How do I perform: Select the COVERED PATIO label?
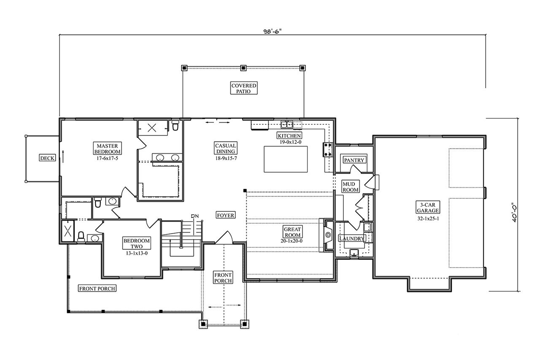pyautogui.click(x=243, y=88)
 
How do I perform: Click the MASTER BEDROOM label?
pyautogui.click(x=107, y=148)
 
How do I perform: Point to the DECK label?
pyautogui.click(x=47, y=158)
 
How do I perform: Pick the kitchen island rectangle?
pyautogui.click(x=286, y=159)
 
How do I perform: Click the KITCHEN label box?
pyautogui.click(x=289, y=135)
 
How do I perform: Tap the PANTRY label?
pyautogui.click(x=354, y=160)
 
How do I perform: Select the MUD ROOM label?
pyautogui.click(x=350, y=187)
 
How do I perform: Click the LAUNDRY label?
pyautogui.click(x=352, y=238)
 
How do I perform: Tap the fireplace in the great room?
pyautogui.click(x=327, y=235)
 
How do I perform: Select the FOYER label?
pyautogui.click(x=225, y=215)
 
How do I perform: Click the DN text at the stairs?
pyautogui.click(x=194, y=217)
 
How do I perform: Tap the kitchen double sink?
pyautogui.click(x=287, y=124)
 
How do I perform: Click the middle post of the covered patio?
pyautogui.click(x=243, y=68)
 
